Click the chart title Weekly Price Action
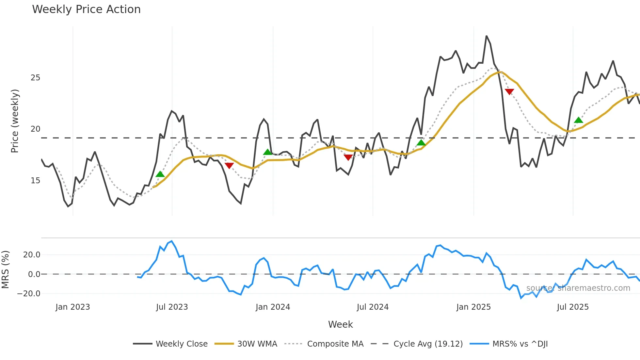click(86, 9)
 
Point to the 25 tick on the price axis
click(35, 78)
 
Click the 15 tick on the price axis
click(35, 181)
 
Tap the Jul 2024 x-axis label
click(373, 307)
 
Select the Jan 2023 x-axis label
click(72, 307)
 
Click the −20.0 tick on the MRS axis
click(29, 294)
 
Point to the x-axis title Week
click(340, 324)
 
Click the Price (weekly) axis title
click(15, 121)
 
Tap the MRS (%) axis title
click(6, 270)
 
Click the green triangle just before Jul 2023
click(160, 174)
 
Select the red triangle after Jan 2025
click(509, 91)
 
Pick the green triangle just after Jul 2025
click(578, 120)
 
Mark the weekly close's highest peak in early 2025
click(487, 36)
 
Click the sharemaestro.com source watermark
click(578, 288)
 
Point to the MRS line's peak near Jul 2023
click(172, 241)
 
